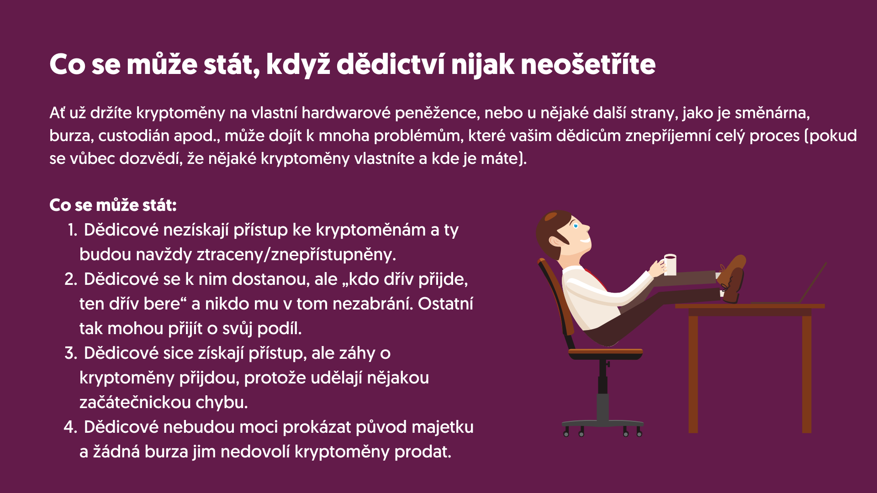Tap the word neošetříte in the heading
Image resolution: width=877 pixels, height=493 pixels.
pos(588,64)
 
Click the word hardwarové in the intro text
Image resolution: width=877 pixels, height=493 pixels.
pos(346,113)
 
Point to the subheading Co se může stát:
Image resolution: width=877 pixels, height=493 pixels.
pos(113,205)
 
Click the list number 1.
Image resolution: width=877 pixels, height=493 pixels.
pos(73,230)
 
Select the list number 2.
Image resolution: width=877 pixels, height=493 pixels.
pos(71,279)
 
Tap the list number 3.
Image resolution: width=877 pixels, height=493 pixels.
pos(71,353)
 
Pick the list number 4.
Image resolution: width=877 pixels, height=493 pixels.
pos(71,427)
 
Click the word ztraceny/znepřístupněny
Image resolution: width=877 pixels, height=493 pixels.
pos(296,254)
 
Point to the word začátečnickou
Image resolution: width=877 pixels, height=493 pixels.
pos(135,402)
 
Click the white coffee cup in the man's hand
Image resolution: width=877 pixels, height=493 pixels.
pos(670,265)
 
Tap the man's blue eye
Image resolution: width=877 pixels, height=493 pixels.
pos(575,226)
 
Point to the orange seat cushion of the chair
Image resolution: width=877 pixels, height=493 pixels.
pos(606,352)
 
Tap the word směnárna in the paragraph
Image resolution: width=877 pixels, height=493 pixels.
pos(772,113)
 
